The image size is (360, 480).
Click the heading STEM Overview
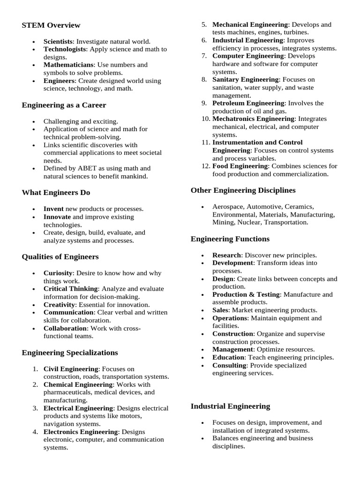pyautogui.click(x=51, y=25)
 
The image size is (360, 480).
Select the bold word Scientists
pyautogui.click(x=58, y=41)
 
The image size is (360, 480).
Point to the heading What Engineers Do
pyautogui.click(x=56, y=193)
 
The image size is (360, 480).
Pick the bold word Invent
pyautogui.click(x=53, y=209)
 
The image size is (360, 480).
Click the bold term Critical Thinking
pyautogui.click(x=71, y=289)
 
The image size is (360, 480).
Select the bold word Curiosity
pyautogui.click(x=58, y=273)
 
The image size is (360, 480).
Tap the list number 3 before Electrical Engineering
pyautogui.click(x=35, y=408)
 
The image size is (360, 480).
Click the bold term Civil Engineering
pyautogui.click(x=71, y=369)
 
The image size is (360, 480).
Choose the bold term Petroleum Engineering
pyautogui.click(x=248, y=103)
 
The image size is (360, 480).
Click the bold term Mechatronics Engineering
pyautogui.click(x=254, y=119)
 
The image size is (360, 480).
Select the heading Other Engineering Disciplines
pyautogui.click(x=243, y=190)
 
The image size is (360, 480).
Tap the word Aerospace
pyautogui.click(x=228, y=206)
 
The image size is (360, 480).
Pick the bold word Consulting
pyautogui.click(x=229, y=365)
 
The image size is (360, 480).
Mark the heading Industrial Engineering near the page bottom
pyautogui.click(x=230, y=406)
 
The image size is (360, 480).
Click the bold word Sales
pyautogui.click(x=221, y=310)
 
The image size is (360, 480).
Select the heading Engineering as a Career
pyautogui.click(x=64, y=105)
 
